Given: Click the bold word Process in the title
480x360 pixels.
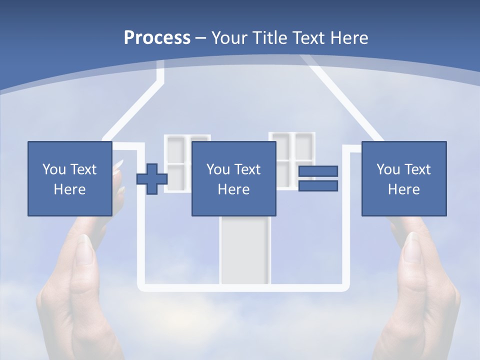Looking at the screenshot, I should coord(157,38).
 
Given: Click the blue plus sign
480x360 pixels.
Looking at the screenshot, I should coord(152,179).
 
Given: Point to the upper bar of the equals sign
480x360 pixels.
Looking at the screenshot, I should coord(318,171).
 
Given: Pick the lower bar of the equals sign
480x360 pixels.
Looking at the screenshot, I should coord(318,186).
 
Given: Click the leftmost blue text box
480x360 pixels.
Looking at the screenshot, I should coord(69,178).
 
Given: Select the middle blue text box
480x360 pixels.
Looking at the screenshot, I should coord(233,178).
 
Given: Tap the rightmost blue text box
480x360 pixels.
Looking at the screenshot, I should coord(403,178).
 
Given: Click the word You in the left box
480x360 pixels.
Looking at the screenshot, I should coord(54,169).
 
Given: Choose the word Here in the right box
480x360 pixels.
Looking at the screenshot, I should coord(403,189).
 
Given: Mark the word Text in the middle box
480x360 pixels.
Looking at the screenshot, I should coord(248,169).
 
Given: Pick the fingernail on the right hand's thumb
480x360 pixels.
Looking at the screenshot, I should coord(413,247).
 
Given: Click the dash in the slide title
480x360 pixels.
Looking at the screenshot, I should coord(200,38).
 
